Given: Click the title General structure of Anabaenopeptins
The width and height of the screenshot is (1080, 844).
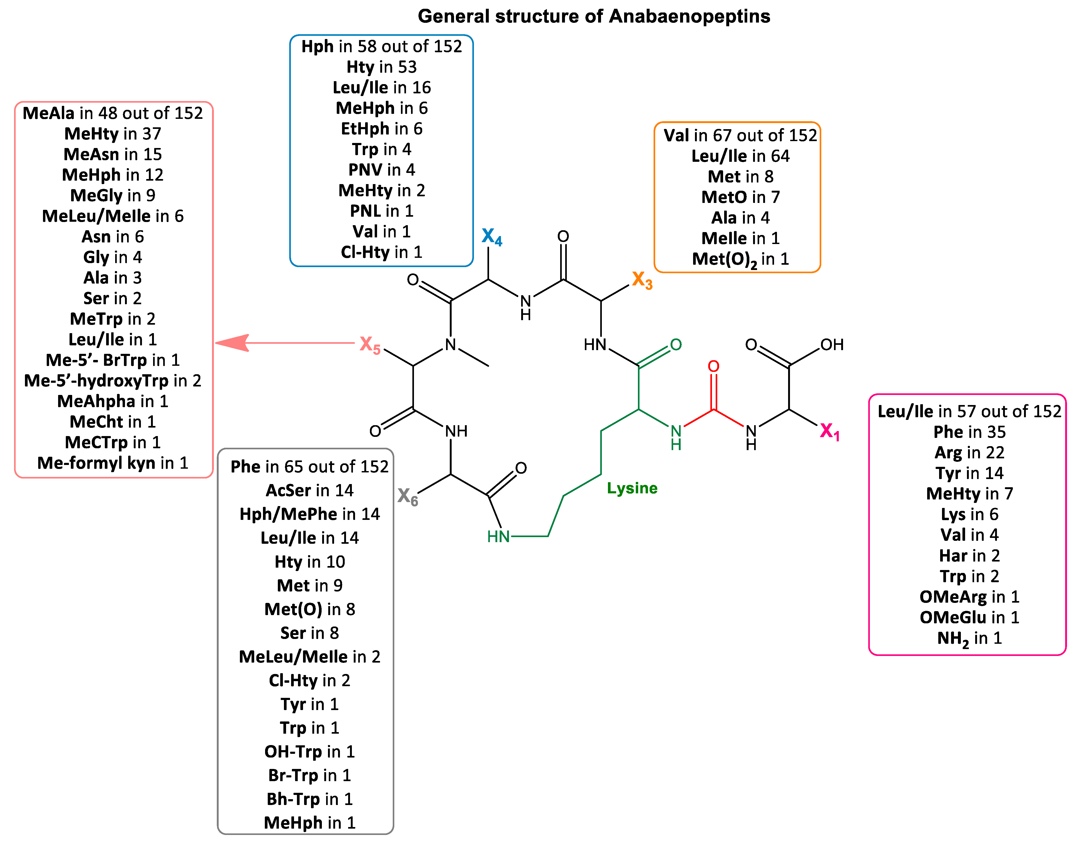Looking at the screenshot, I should pos(593,16).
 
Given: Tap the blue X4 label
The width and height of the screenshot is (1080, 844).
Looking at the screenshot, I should pos(491,237).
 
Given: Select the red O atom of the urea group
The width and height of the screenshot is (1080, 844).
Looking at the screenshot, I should pos(713,366).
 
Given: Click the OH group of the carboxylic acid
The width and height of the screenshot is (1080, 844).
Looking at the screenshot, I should pos(832,345).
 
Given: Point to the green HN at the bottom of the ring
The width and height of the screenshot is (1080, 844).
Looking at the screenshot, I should pos(498,537).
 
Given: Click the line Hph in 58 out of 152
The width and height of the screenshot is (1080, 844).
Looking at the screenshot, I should pos(381,46).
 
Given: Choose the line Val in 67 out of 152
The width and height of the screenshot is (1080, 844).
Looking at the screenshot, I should pos(740,136).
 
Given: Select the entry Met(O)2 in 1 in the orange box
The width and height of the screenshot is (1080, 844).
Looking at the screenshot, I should pos(740,260).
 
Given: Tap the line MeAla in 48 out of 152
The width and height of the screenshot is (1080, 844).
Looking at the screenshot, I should pos(113,113).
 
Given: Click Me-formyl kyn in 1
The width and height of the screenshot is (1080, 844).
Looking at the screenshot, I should pos(113,463).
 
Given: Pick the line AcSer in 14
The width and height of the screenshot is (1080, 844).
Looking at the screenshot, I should pos(310,490).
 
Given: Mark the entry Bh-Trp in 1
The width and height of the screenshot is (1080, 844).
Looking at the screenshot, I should pos(310,799).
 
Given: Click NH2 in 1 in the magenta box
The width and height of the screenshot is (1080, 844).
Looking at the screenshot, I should pos(969,638).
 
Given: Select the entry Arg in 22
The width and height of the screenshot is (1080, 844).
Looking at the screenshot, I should pos(969,453).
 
